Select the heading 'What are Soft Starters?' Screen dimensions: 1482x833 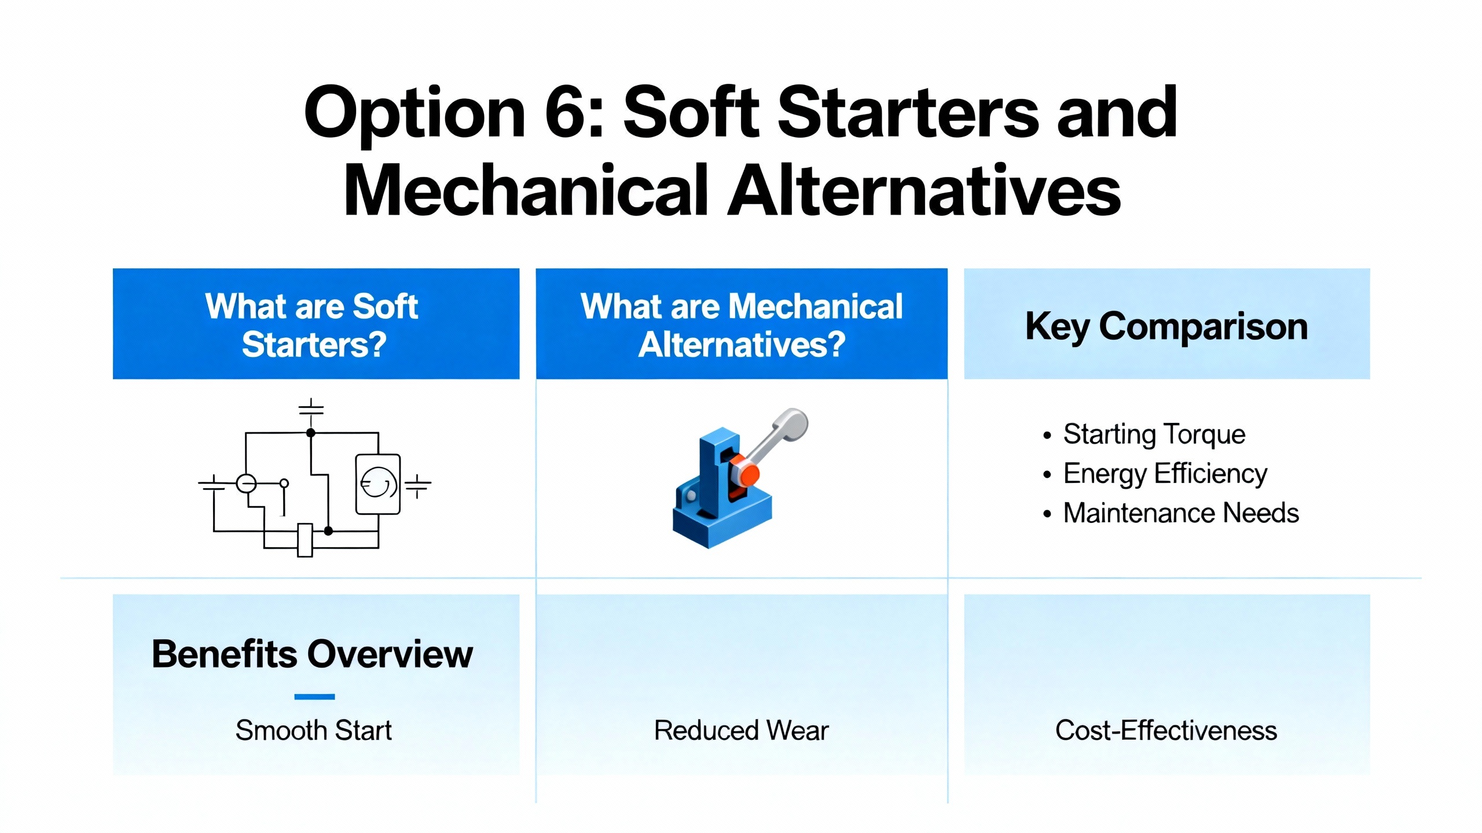click(313, 325)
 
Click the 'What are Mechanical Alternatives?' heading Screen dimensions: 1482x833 click(742, 325)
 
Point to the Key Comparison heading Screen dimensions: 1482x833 click(1166, 327)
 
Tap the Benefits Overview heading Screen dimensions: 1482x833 click(313, 654)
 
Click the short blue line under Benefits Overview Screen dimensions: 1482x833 click(314, 696)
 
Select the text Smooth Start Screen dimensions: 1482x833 click(314, 730)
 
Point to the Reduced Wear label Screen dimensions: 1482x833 click(742, 730)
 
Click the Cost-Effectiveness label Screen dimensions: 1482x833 click(1166, 730)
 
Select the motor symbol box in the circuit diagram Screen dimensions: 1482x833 click(378, 484)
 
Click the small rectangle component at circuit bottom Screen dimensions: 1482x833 click(305, 540)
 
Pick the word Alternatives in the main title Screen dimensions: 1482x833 click(924, 190)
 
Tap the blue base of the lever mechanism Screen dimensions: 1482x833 click(722, 518)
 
